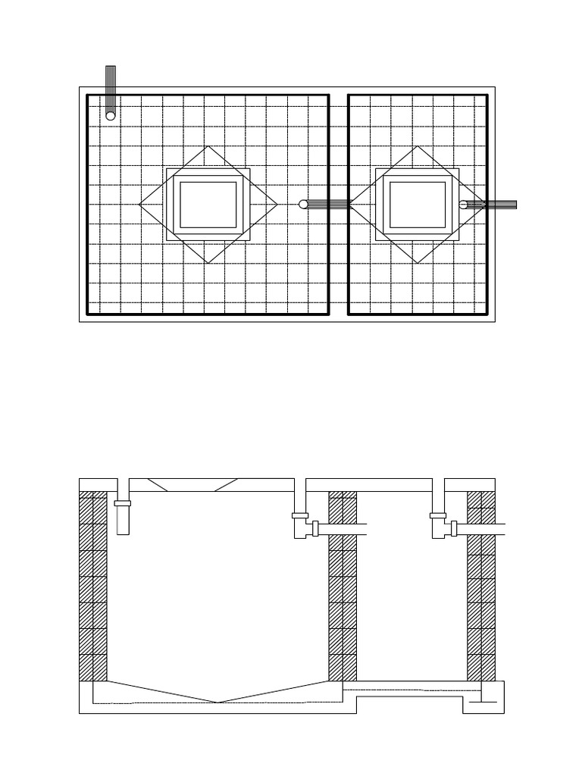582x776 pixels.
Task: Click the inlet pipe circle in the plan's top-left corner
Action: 111,116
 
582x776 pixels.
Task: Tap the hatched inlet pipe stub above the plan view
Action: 111,83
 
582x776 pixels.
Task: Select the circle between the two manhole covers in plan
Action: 303,205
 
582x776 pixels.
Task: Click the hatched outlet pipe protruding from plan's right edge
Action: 496,205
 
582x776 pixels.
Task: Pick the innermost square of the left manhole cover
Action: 208,205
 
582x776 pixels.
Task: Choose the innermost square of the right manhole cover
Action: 417,205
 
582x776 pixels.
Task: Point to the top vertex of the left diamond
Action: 208,146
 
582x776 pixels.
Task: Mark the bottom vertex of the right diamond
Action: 417,263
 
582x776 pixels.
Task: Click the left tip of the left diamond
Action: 140,205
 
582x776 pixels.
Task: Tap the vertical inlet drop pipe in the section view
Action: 123,521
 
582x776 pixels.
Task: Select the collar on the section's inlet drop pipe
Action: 122,503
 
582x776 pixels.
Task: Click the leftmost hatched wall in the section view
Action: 92,587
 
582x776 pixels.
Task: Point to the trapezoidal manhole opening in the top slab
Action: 192,485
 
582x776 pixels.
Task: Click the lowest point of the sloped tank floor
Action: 217,702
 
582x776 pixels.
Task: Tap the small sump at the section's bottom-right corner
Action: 483,702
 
